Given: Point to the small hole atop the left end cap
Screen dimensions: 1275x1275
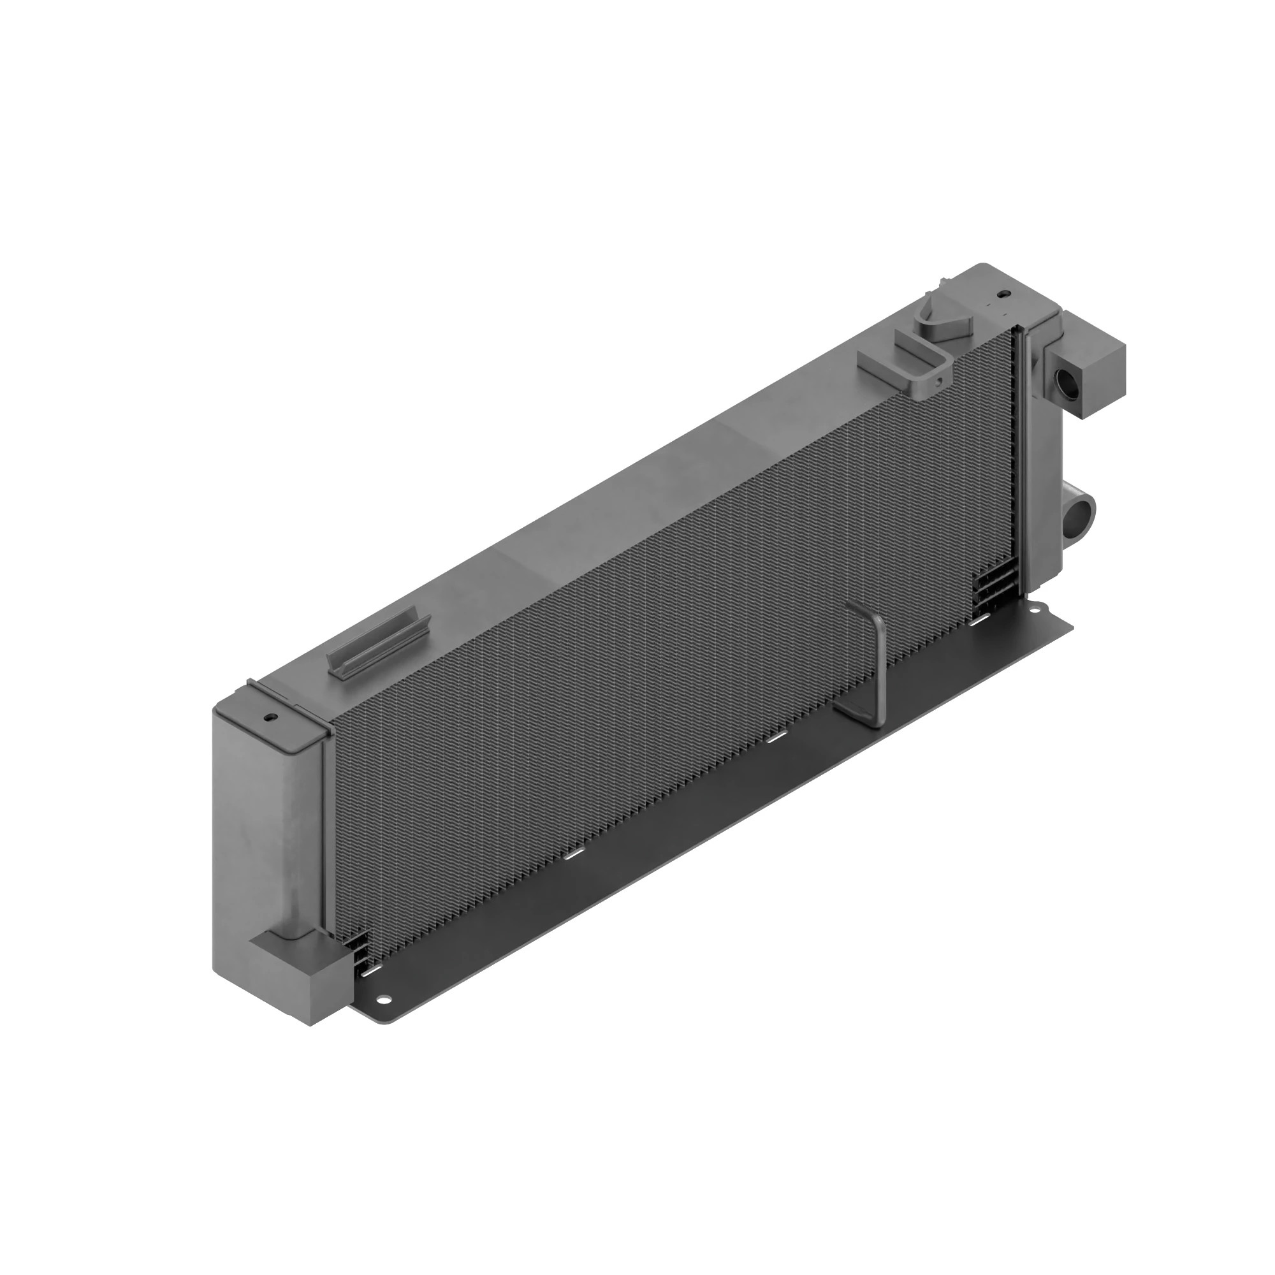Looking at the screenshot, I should click(x=270, y=717).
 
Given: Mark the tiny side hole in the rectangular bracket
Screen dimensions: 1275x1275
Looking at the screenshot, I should click(x=937, y=379).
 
